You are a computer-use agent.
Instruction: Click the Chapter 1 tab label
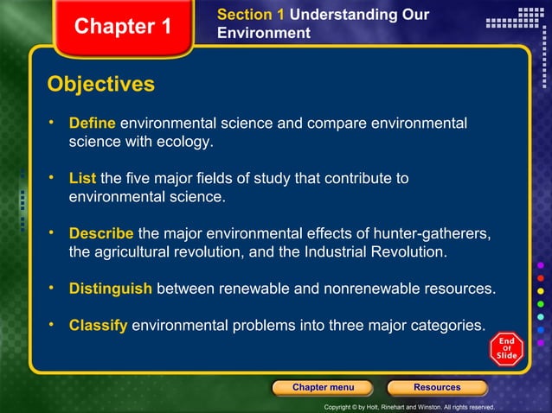(x=122, y=27)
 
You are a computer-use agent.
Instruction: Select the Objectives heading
(x=100, y=85)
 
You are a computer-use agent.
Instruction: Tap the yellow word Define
(x=92, y=124)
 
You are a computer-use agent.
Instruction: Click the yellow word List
(x=83, y=179)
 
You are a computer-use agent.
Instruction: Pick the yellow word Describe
(x=101, y=234)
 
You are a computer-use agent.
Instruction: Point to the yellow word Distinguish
(x=111, y=289)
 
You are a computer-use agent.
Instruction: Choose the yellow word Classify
(x=99, y=326)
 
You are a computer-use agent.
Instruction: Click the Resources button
(x=437, y=387)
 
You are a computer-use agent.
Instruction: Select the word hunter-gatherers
(x=425, y=234)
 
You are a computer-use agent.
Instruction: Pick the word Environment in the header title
(x=263, y=34)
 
